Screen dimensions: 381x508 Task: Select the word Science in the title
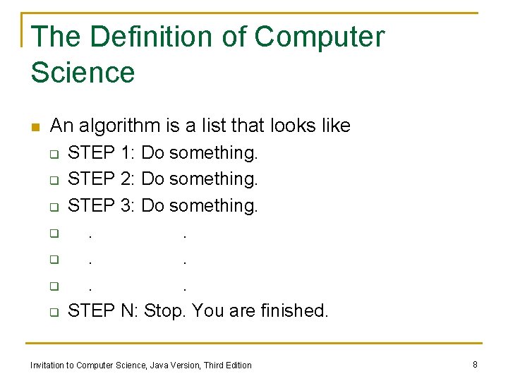coord(83,73)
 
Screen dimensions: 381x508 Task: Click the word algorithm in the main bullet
coord(119,126)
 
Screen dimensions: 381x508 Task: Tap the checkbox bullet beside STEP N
coord(54,312)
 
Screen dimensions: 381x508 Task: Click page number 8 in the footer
coord(475,364)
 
